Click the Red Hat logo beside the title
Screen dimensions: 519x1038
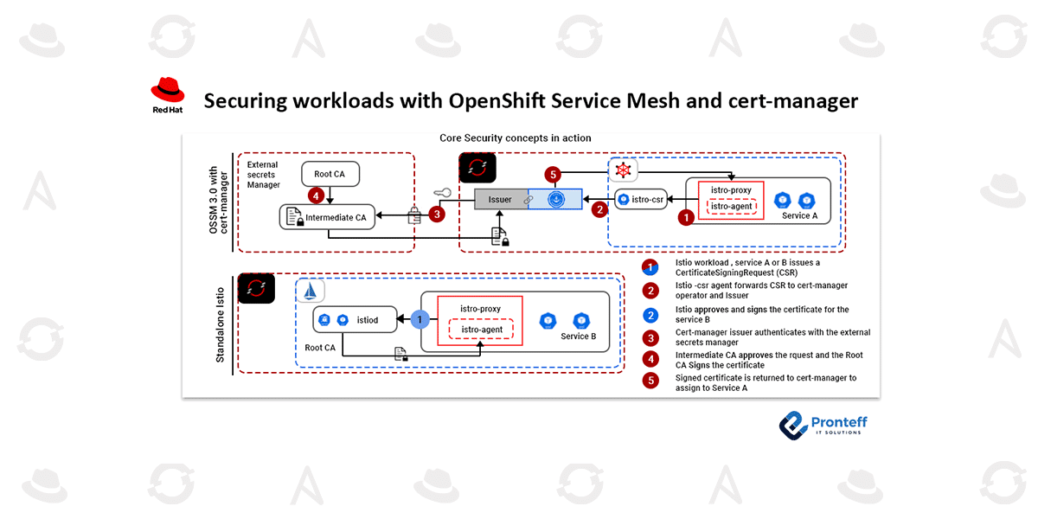(x=168, y=95)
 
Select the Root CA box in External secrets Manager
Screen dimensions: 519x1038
(x=330, y=174)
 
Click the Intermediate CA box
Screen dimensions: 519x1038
(x=328, y=217)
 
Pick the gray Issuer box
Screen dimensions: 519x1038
(x=501, y=200)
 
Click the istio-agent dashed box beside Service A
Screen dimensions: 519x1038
(x=731, y=206)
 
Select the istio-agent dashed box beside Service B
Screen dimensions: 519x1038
(x=481, y=330)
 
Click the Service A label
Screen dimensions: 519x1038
(x=799, y=215)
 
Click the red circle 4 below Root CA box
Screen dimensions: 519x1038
(x=318, y=195)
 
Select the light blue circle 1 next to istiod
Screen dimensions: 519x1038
(x=420, y=319)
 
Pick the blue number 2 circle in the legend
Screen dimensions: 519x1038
(x=651, y=314)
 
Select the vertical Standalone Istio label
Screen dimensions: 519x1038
(x=220, y=324)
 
